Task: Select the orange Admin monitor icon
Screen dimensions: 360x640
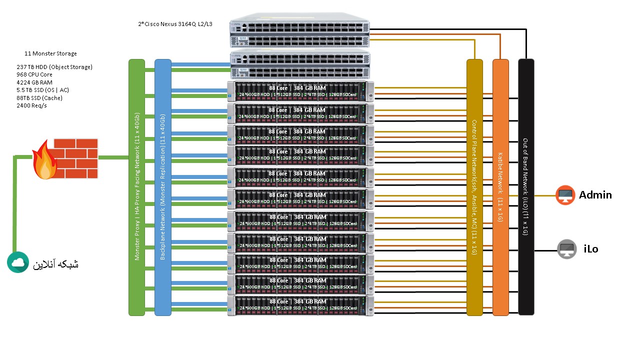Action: (565, 195)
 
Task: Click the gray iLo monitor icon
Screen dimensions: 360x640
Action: (567, 249)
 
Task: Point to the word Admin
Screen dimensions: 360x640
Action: (595, 195)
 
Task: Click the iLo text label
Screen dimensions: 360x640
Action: (590, 249)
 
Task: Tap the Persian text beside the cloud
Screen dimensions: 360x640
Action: (55, 264)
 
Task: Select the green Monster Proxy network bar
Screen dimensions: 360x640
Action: (136, 187)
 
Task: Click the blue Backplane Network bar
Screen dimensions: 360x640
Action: (163, 187)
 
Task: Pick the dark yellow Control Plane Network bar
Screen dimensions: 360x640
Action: (474, 187)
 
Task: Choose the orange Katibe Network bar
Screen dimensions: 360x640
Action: (500, 187)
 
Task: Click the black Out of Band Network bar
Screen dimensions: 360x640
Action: (526, 187)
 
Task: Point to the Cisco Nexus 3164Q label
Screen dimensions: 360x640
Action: (175, 23)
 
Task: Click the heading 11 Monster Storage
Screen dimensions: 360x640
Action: (50, 53)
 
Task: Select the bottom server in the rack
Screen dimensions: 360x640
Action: (300, 305)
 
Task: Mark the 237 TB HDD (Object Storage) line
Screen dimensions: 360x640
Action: (54, 67)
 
